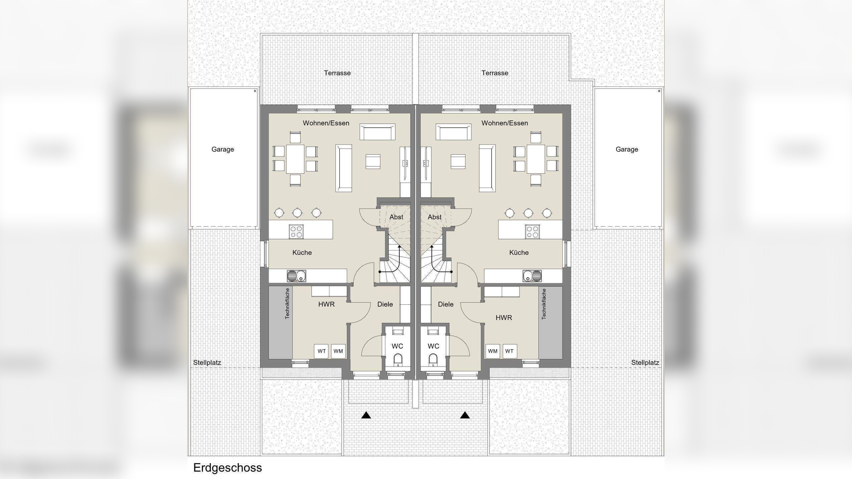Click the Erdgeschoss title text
pos(227,468)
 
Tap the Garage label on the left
pos(223,149)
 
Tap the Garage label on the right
pos(627,149)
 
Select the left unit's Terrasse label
pos(337,73)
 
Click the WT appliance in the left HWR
pos(321,351)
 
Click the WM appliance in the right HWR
pos(493,351)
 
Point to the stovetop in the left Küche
pos(296,232)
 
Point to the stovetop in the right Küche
pos(532,232)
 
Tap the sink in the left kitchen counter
pos(296,276)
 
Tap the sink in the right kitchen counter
pos(532,276)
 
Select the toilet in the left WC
pos(398,360)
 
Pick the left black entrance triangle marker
pos(366,415)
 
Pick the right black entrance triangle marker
pos(465,415)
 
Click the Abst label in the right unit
pos(434,217)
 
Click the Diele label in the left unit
pos(385,304)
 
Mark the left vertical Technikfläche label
pos(287,304)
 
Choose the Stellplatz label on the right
pos(645,363)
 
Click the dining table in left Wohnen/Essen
pos(295,159)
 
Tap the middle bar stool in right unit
pos(528,213)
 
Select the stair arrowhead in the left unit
pos(399,247)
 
